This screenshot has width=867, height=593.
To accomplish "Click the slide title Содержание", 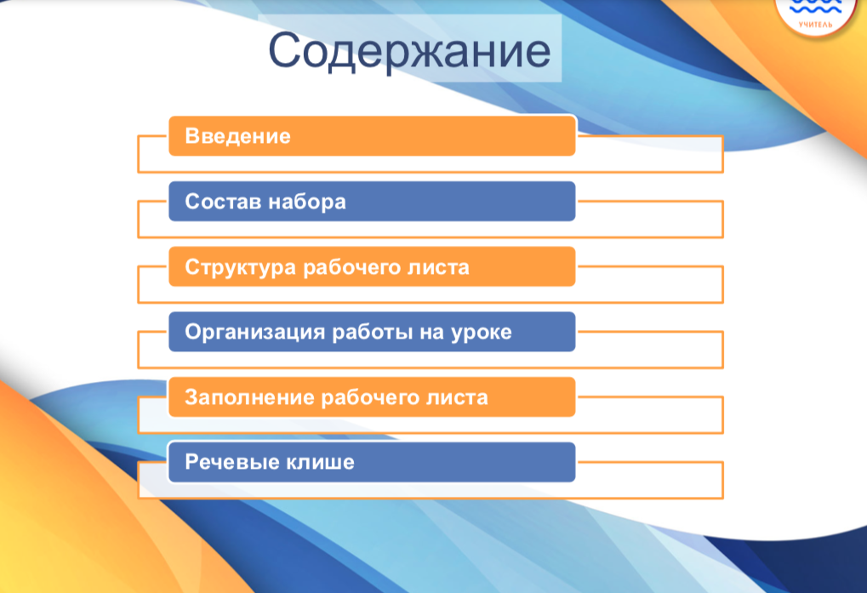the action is click(409, 51).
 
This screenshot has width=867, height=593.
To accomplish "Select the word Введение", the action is click(237, 136).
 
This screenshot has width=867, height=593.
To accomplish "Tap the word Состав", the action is click(223, 202).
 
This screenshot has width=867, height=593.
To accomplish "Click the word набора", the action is click(307, 202).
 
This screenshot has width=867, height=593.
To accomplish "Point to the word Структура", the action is click(241, 267).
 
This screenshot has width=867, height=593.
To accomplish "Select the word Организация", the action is click(254, 332).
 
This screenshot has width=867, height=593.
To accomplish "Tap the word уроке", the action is click(482, 333).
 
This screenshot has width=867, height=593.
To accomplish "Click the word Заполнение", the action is click(249, 397).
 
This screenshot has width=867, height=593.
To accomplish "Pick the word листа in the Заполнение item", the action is click(457, 398).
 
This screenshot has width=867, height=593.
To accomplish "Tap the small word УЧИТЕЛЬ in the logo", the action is click(816, 25).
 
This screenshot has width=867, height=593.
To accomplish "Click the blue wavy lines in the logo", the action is click(816, 7).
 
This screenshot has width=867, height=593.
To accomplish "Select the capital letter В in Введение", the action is click(192, 136).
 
